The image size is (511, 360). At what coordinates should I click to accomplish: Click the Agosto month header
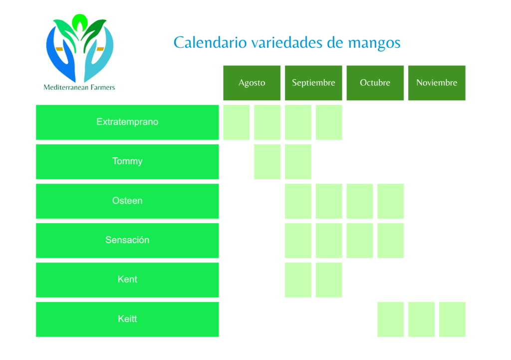pyautogui.click(x=252, y=83)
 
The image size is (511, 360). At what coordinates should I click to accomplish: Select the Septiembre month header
pyautogui.click(x=313, y=83)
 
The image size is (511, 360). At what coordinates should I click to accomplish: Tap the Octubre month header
pyautogui.click(x=375, y=83)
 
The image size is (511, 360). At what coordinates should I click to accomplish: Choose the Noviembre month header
pyautogui.click(x=437, y=83)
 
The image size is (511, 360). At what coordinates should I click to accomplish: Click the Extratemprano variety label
pyautogui.click(x=127, y=122)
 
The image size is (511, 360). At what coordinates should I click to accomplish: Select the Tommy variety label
pyautogui.click(x=127, y=162)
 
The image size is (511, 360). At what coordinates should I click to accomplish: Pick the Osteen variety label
pyautogui.click(x=127, y=201)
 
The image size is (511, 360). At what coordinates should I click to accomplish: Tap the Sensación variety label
pyautogui.click(x=127, y=240)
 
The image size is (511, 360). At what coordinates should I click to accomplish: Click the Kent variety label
pyautogui.click(x=127, y=280)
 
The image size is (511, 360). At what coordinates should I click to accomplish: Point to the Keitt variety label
pyautogui.click(x=127, y=319)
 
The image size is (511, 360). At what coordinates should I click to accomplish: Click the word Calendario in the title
pyautogui.click(x=210, y=43)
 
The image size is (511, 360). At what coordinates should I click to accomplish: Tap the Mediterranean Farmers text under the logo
pyautogui.click(x=79, y=87)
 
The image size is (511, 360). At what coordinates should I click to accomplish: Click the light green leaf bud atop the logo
pyautogui.click(x=79, y=22)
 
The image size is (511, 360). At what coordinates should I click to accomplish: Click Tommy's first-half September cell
pyautogui.click(x=298, y=162)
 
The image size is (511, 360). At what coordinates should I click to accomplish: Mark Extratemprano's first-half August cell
pyautogui.click(x=236, y=122)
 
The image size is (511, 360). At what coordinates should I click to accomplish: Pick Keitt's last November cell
pyautogui.click(x=452, y=319)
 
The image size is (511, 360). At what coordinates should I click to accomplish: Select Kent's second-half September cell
pyautogui.click(x=329, y=280)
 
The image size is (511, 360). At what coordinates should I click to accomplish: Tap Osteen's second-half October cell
pyautogui.click(x=390, y=201)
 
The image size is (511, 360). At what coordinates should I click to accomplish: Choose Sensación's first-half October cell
pyautogui.click(x=359, y=240)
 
